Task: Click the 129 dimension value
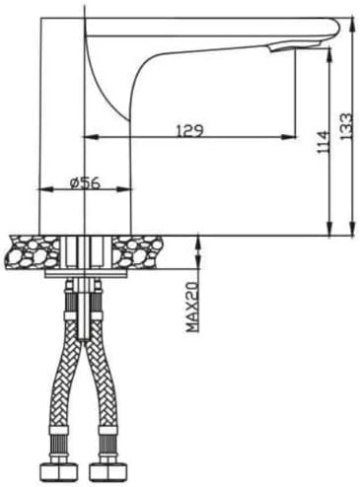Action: (190, 130)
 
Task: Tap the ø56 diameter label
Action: (85, 183)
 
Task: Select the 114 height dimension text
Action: (323, 142)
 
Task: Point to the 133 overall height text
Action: (346, 126)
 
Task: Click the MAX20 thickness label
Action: (192, 307)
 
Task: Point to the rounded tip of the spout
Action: (336, 29)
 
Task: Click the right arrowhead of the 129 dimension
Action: (289, 137)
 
